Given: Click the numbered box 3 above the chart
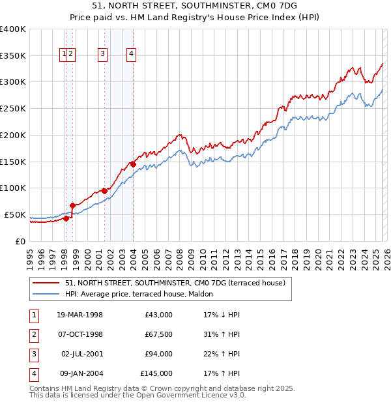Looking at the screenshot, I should (x=103, y=55).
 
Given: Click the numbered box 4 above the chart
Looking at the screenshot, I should (x=132, y=55).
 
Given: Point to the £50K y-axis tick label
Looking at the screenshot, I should (x=15, y=214).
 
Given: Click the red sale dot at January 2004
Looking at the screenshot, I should (x=133, y=164).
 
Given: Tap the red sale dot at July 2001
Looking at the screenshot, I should (x=104, y=191).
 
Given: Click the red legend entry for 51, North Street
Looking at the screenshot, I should (x=169, y=283).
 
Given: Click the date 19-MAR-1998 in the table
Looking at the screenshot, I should (x=80, y=315).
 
